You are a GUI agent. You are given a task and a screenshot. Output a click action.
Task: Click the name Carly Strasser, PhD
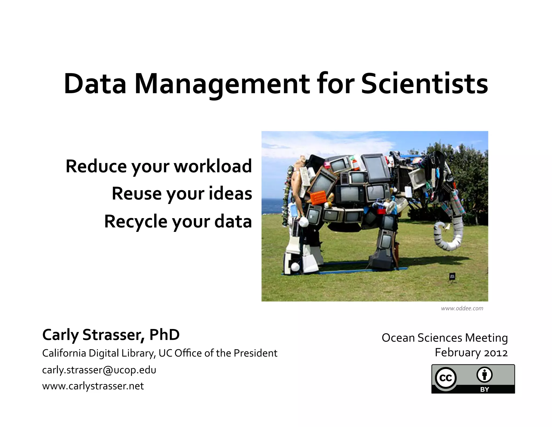click(111, 335)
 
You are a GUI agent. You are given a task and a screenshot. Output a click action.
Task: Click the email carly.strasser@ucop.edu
click(99, 370)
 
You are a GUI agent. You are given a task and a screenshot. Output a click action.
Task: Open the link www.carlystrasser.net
click(93, 386)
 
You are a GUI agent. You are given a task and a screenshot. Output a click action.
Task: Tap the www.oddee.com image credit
click(462, 308)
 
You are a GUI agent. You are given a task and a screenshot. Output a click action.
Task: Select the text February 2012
click(471, 353)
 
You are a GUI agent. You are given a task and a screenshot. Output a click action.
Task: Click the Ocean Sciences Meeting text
click(445, 338)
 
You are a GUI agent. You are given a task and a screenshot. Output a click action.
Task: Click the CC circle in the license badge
click(446, 378)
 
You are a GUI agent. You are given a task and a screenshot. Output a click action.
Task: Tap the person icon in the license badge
click(484, 375)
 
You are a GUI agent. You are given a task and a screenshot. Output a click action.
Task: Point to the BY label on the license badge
click(484, 389)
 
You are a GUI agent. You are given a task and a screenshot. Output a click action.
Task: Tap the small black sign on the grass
click(452, 276)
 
